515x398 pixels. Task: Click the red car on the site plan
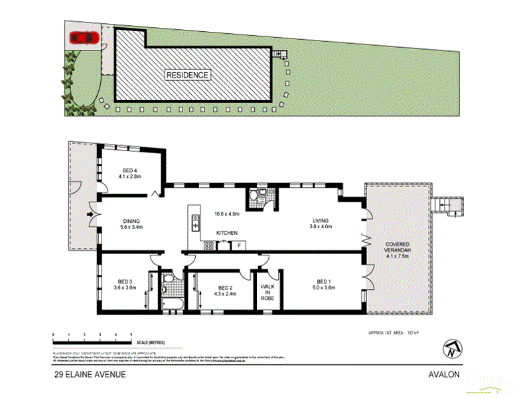(x=84, y=38)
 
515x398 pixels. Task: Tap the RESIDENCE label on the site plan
(x=188, y=75)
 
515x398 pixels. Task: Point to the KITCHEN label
(x=226, y=233)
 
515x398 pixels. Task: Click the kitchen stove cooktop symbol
(x=208, y=245)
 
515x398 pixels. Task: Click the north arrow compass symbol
(x=451, y=349)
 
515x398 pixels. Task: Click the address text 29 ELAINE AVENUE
(x=90, y=374)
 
